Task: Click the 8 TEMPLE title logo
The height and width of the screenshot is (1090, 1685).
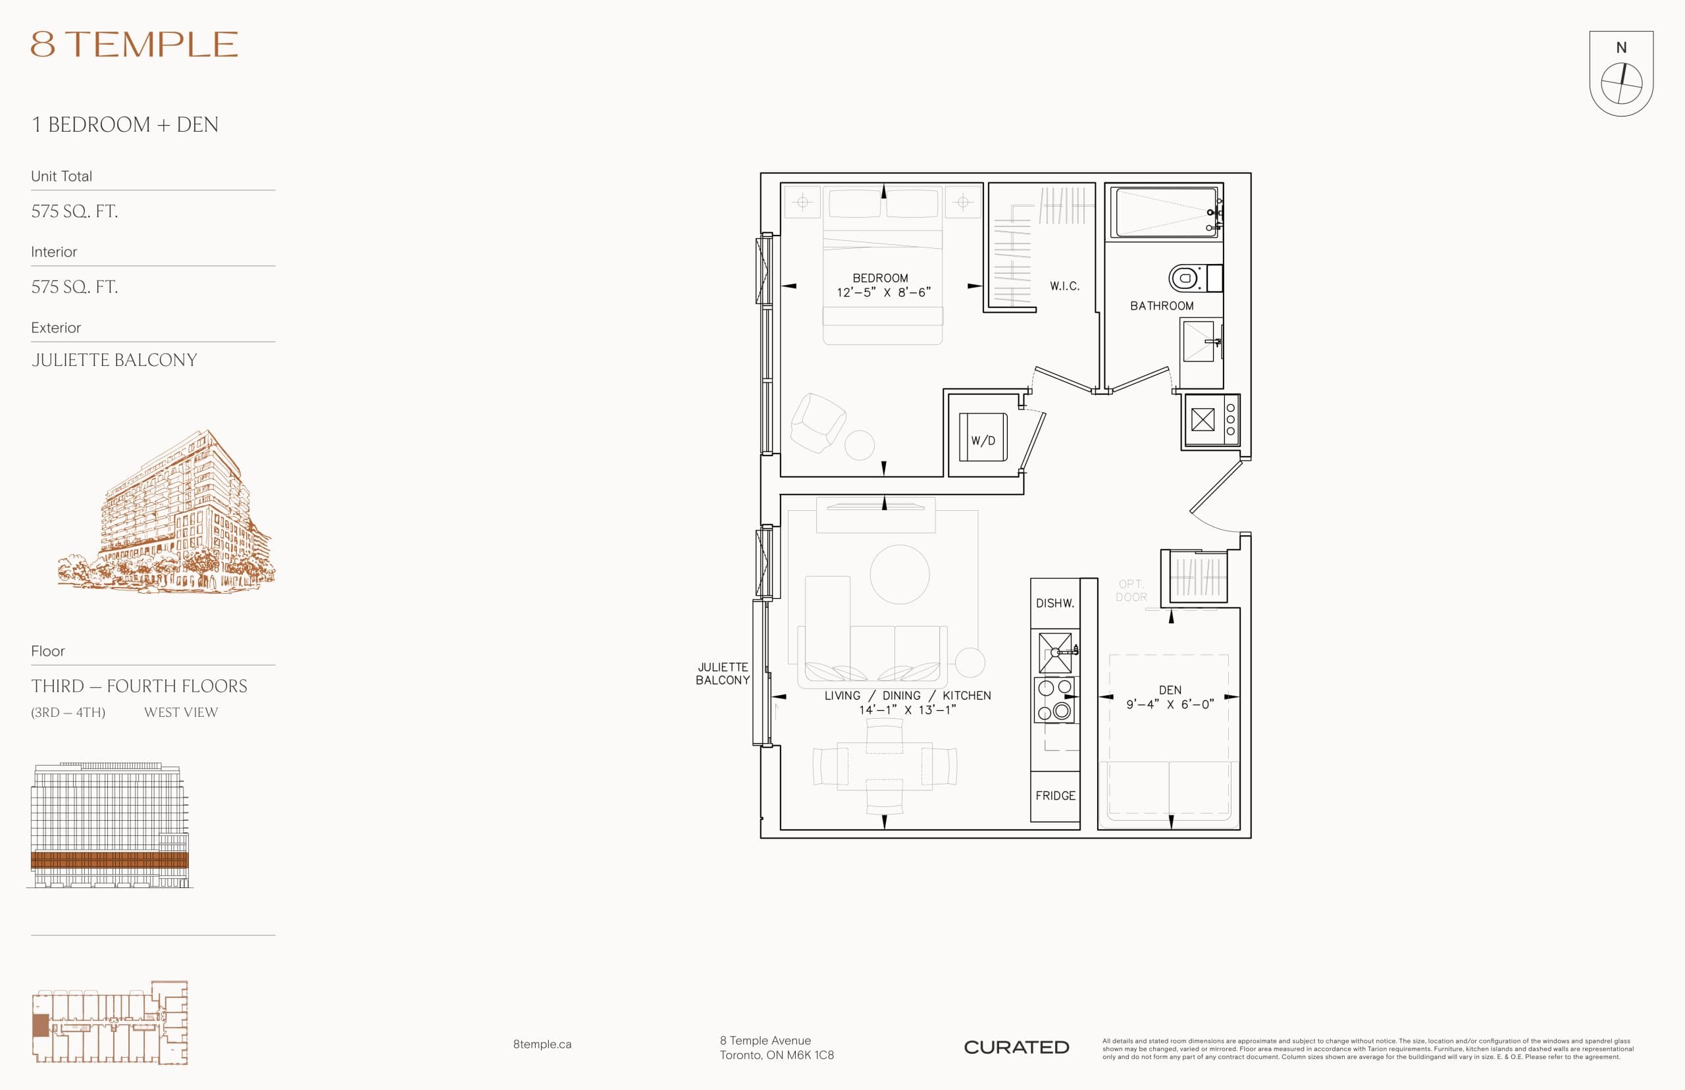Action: (x=134, y=45)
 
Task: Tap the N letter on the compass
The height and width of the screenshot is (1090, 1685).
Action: (x=1620, y=48)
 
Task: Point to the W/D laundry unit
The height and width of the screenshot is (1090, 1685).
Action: (x=982, y=438)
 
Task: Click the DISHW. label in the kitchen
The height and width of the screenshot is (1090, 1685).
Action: (x=1054, y=603)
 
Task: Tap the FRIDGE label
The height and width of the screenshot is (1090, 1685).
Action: (x=1054, y=796)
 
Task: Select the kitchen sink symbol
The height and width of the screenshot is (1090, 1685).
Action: (x=1055, y=652)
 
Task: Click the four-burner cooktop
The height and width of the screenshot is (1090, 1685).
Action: (x=1054, y=700)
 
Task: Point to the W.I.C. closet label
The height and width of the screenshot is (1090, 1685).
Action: (x=1064, y=286)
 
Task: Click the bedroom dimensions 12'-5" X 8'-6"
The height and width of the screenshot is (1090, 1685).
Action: (x=883, y=292)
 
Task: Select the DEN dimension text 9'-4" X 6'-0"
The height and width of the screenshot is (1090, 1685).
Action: (x=1170, y=704)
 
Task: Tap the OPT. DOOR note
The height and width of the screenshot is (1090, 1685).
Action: (x=1131, y=590)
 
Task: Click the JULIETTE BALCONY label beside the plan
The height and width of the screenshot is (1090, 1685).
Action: (x=723, y=673)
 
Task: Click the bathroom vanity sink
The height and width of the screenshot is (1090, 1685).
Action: (x=1199, y=342)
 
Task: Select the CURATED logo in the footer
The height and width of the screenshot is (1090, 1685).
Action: (x=1016, y=1047)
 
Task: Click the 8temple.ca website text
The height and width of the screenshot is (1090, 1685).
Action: (x=542, y=1044)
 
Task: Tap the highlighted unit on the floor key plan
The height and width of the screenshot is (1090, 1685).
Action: (x=40, y=1025)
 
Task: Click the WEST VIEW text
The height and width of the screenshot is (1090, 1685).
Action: (x=181, y=712)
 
